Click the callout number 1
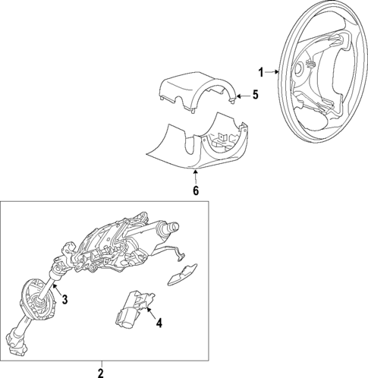[261, 73]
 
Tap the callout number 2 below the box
[100, 372]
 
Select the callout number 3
[65, 300]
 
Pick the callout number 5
[255, 96]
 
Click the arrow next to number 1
[272, 73]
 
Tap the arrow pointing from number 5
[242, 96]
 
